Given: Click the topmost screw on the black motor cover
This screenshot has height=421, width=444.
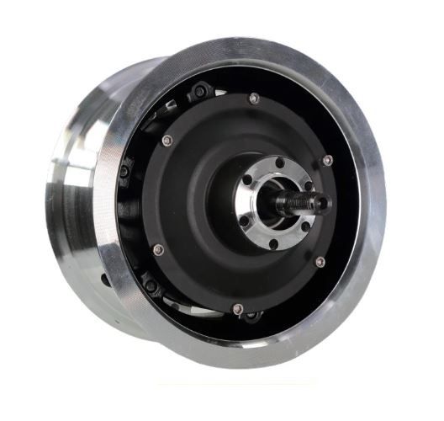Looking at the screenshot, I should click(x=254, y=99).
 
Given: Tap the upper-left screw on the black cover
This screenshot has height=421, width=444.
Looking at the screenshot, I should click(x=166, y=140).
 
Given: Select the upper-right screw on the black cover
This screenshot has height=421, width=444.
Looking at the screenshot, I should click(x=327, y=160).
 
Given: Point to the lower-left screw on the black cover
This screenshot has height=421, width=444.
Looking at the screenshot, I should click(x=157, y=248).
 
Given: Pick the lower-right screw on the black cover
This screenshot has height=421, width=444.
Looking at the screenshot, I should click(x=320, y=262).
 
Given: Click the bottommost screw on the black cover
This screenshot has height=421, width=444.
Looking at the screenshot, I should click(x=237, y=308).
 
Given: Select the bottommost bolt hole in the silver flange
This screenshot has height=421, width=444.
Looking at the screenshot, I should click(x=272, y=244).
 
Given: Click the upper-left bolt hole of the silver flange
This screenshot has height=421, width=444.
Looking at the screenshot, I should click(x=251, y=178).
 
